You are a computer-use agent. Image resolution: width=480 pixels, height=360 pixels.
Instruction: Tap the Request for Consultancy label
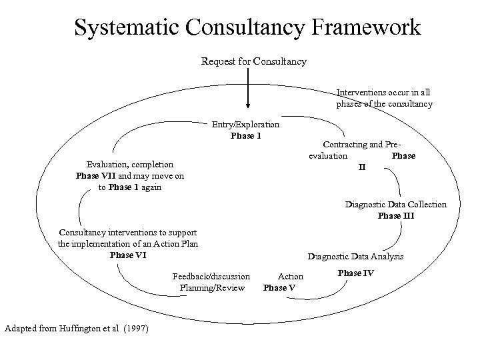coord(254,61)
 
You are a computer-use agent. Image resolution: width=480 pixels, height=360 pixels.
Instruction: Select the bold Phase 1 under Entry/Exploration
coord(246,136)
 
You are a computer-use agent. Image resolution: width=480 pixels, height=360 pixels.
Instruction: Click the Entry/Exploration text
coord(246,125)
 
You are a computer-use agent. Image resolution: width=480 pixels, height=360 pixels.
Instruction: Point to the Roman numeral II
coord(362,167)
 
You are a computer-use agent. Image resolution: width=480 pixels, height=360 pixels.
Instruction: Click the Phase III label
coord(396,215)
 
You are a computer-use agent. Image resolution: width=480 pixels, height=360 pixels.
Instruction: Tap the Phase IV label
coord(356,273)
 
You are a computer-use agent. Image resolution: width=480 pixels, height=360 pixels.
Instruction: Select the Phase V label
coord(279,288)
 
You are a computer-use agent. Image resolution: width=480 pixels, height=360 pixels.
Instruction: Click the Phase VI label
coord(128,255)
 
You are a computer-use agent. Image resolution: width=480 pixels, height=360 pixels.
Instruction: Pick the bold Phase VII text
coord(97,176)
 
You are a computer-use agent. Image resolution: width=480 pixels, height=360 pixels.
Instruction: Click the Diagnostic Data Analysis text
coord(356,256)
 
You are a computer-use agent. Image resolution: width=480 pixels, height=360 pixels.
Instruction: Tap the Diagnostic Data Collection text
coord(396,205)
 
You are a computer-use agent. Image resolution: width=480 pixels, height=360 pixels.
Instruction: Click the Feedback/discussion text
coord(211,276)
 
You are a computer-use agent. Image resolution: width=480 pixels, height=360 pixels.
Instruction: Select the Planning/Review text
coord(213,288)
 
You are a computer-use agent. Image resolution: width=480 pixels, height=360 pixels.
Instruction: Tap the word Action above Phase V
coord(290,276)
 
